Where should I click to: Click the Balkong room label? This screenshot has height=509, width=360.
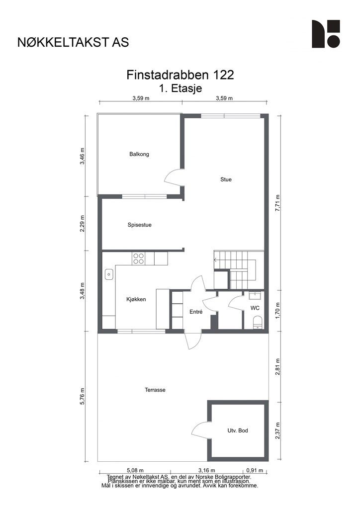point(139,154)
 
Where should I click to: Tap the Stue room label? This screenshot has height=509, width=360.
point(226,179)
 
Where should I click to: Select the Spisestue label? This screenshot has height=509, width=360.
point(140,225)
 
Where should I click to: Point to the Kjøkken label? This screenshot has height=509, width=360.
point(136,300)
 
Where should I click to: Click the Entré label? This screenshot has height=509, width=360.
point(196,312)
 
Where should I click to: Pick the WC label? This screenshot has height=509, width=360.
point(255,308)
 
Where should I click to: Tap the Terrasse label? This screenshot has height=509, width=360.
point(155,390)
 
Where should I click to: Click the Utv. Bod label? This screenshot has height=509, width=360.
point(238,431)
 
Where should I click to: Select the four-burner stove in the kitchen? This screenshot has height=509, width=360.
point(139,258)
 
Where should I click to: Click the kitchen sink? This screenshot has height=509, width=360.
point(109,274)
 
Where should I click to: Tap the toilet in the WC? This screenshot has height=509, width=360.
point(258,322)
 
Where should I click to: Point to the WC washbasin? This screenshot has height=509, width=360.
point(255,295)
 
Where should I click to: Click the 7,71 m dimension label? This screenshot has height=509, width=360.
point(277,203)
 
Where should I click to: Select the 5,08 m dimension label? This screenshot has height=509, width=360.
point(135,470)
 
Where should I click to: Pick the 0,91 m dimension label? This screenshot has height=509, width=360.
point(255,470)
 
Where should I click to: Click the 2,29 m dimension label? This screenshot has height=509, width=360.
point(83,224)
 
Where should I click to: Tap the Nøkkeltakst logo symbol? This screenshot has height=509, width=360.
point(326,34)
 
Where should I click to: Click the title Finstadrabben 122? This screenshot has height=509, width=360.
point(180,75)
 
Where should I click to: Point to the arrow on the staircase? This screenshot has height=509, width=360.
point(216,259)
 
